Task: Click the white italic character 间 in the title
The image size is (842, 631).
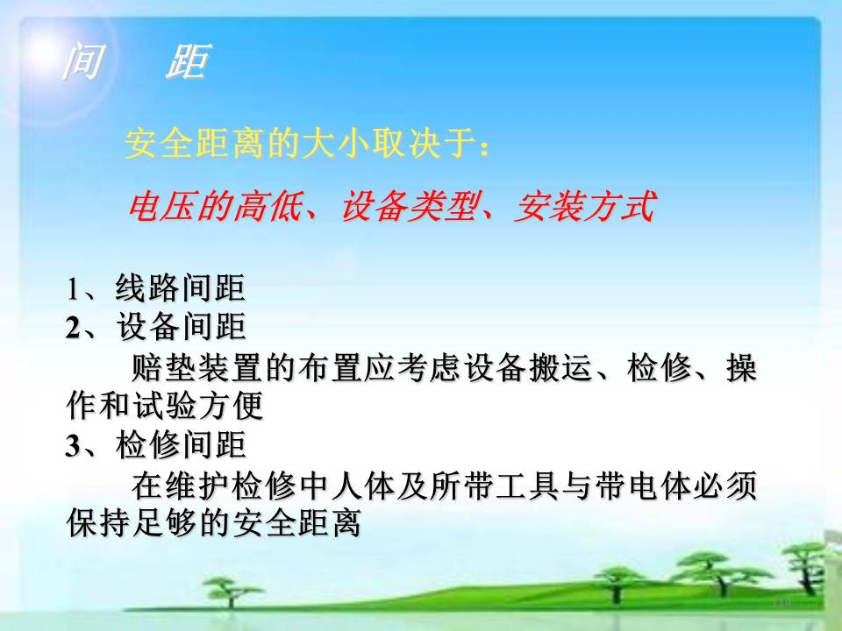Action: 83,60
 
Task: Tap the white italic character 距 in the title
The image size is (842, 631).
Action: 188,60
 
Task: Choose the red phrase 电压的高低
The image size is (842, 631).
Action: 215,206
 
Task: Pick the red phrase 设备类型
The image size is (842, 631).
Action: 408,206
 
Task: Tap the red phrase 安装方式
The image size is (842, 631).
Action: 584,206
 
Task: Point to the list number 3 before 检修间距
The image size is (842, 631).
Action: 73,446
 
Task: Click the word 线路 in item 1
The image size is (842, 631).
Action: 147,287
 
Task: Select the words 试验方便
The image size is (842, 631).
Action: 198,405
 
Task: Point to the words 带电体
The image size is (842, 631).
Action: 643,485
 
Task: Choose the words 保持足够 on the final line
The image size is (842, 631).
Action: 132,523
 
